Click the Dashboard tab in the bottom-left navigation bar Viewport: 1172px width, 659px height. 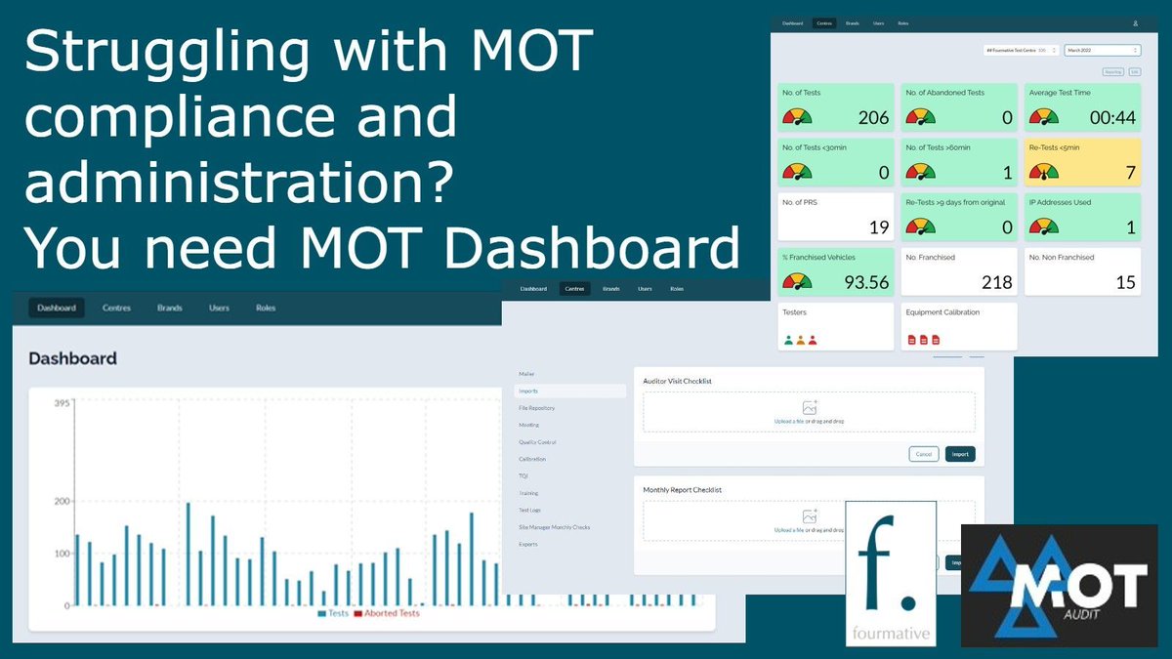coord(57,308)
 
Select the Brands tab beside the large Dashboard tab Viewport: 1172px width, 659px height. coord(170,308)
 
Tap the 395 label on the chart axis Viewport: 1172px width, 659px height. coord(62,403)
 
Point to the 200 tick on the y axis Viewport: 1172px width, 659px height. coord(62,502)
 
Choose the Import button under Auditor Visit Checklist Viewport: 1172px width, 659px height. coord(960,454)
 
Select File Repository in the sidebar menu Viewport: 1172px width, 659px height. coord(537,408)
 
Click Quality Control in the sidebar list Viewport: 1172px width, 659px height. coord(537,442)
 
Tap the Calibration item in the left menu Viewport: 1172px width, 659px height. coord(532,459)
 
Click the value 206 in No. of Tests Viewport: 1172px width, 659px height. coord(873,118)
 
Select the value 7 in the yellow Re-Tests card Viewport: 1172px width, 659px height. coord(1130,174)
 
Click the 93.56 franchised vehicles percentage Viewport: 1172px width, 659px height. coord(865,283)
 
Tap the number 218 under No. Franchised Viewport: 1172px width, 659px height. coord(996,283)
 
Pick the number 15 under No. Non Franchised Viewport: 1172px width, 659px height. coord(1125,283)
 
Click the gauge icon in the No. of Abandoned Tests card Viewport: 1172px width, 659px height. coord(920,117)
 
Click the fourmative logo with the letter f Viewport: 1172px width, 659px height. coord(891,572)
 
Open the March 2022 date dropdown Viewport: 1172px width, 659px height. coord(1102,49)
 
